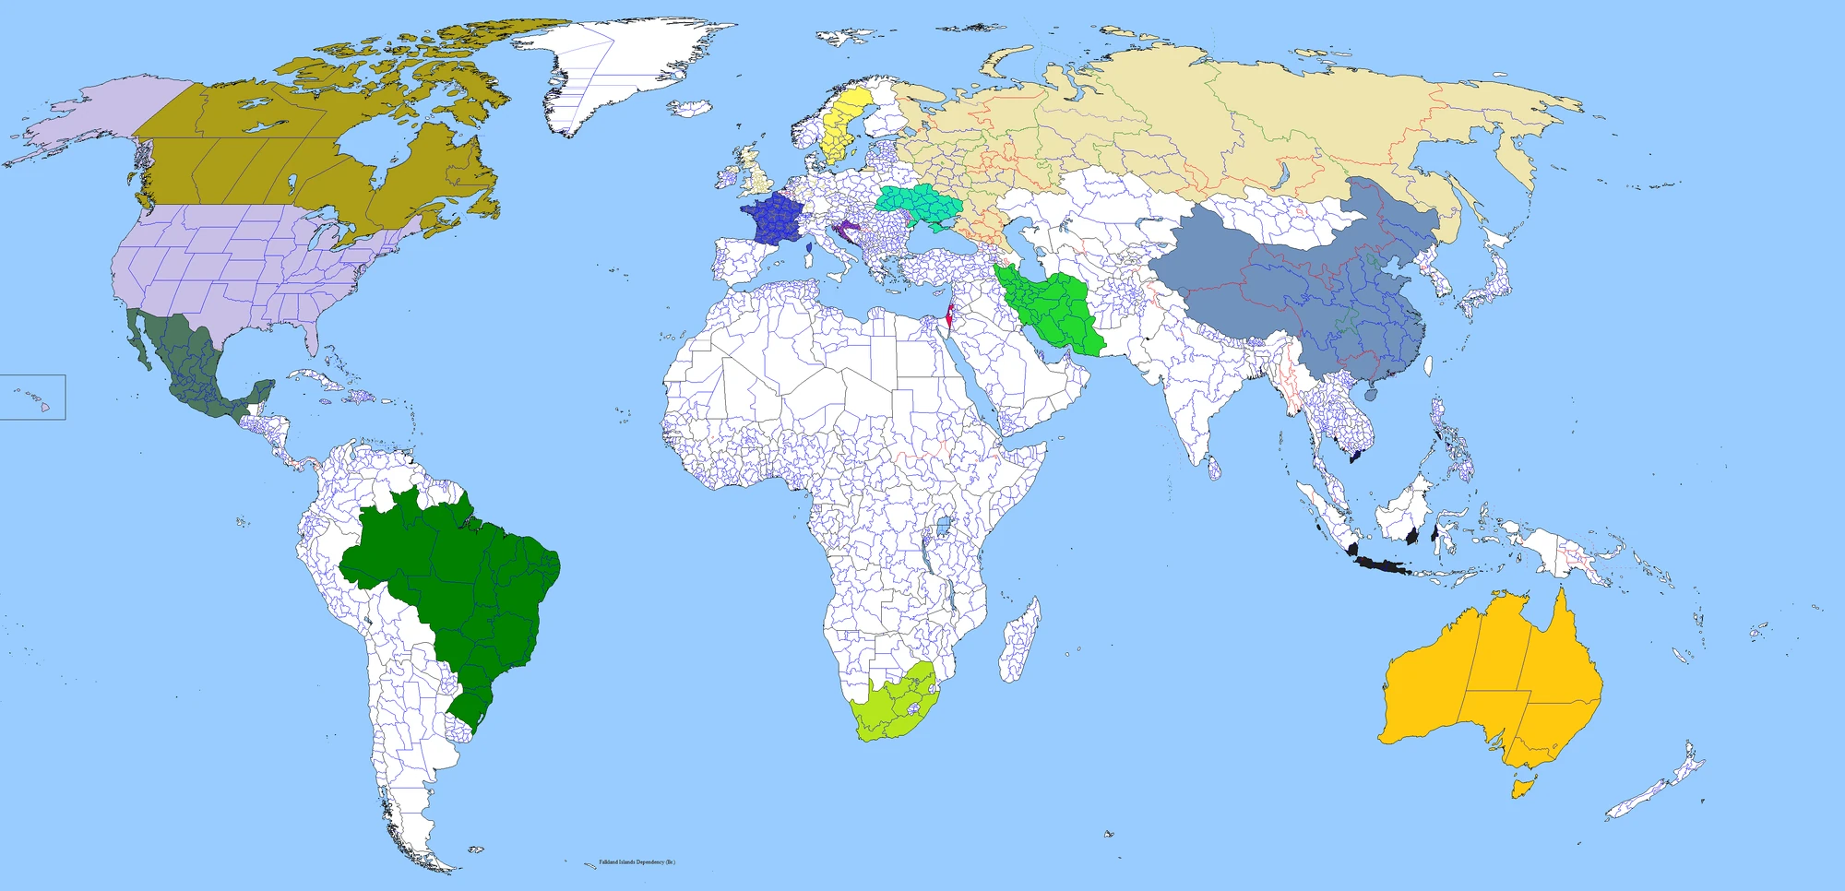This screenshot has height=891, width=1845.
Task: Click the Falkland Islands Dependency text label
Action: (x=637, y=862)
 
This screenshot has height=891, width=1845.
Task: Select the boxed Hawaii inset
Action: (x=32, y=397)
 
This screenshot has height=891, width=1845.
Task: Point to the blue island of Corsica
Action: (x=809, y=248)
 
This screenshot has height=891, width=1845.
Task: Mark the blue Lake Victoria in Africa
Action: (x=943, y=528)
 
